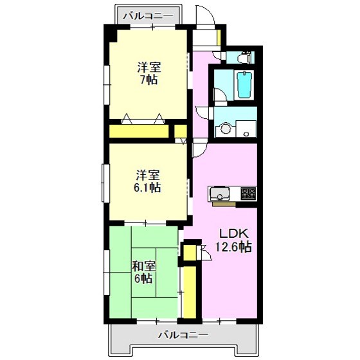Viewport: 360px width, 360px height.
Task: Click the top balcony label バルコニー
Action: point(148,16)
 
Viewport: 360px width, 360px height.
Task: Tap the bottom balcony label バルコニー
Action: point(183,335)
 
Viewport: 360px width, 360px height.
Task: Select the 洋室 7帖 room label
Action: point(148,73)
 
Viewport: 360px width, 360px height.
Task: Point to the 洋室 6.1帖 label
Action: point(147,181)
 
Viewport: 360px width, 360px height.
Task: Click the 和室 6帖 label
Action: point(144,273)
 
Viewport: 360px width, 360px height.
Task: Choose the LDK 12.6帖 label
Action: point(233,240)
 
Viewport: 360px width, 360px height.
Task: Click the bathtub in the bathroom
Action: point(245,85)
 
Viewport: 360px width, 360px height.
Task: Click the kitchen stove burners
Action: point(248,193)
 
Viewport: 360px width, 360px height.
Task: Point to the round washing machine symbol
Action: point(226,129)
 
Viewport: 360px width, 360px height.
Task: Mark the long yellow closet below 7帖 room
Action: point(139,131)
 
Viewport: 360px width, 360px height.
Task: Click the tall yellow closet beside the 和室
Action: point(190,292)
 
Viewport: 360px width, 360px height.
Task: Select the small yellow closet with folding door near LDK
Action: point(190,253)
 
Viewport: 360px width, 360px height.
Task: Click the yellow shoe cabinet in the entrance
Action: point(219,37)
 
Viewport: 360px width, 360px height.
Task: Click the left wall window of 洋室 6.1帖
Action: point(105,183)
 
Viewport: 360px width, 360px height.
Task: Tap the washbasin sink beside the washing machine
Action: point(246,129)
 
